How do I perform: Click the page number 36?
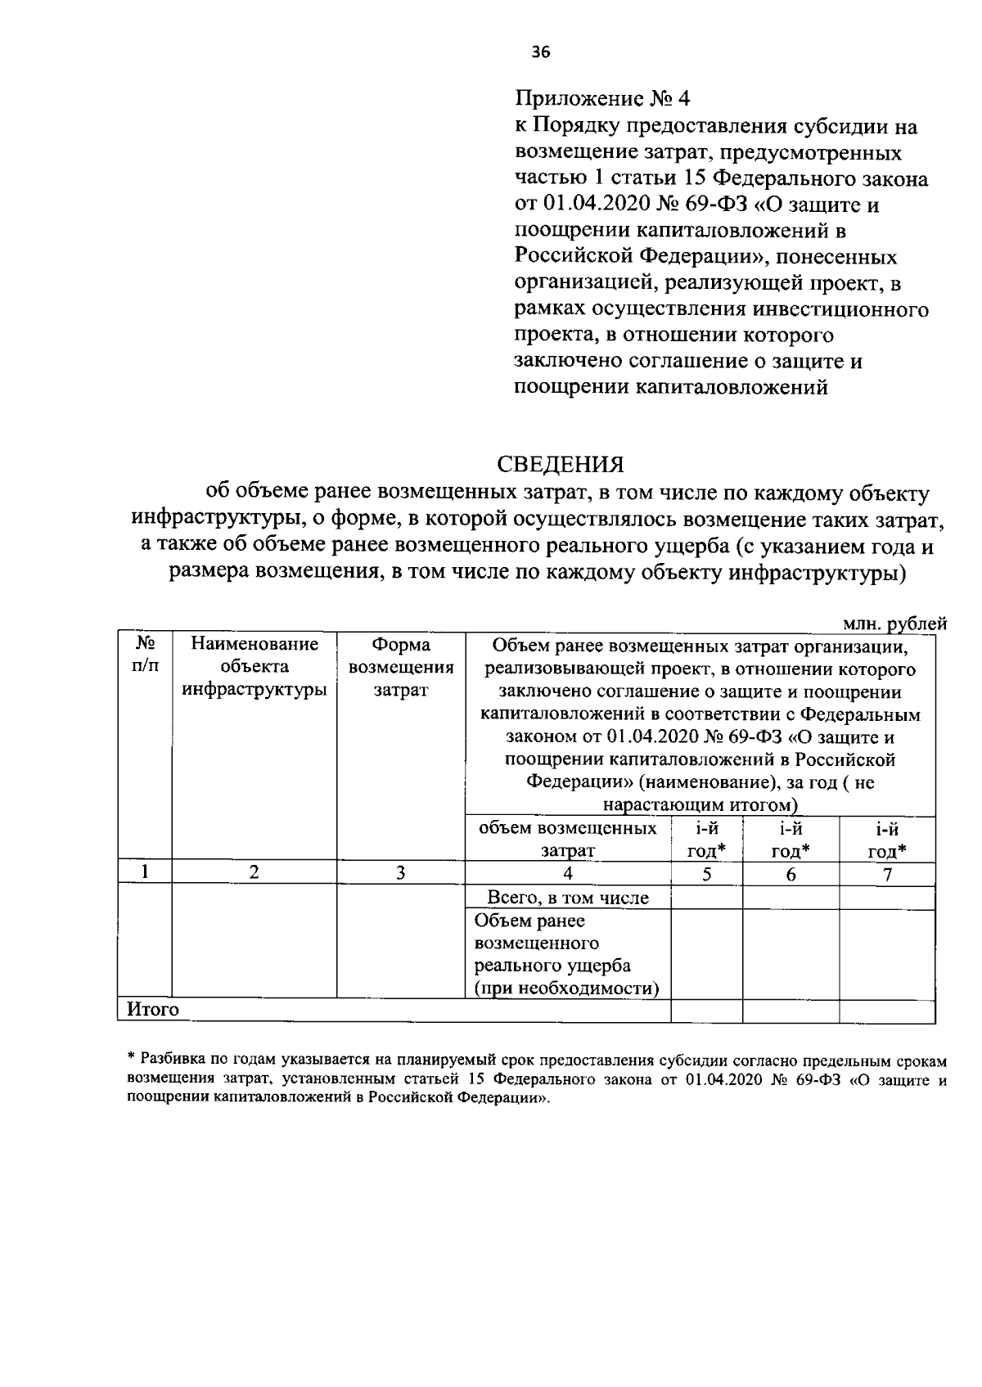pos(541,52)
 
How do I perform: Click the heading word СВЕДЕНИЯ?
pos(561,465)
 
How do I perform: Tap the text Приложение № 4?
pos(602,99)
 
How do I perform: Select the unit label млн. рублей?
pos(894,624)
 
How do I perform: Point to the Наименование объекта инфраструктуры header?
pos(254,667)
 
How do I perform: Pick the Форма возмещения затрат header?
pos(401,667)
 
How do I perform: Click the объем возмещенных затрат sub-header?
pos(567,839)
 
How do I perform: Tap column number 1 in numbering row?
pos(145,872)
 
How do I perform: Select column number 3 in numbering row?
pos(401,872)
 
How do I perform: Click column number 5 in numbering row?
pos(706,874)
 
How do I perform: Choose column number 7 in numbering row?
pos(887,874)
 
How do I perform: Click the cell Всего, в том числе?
pos(568,898)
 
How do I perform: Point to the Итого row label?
pos(153,1010)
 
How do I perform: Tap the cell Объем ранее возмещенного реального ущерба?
pos(568,954)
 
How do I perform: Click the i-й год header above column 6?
pos(791,839)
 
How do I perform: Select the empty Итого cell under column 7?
pos(887,1011)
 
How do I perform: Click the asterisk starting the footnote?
pos(131,1060)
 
